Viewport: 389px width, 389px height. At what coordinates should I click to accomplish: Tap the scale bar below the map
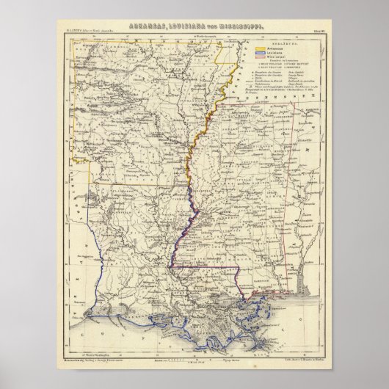192,346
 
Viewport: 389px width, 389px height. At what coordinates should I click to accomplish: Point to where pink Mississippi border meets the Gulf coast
252,294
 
